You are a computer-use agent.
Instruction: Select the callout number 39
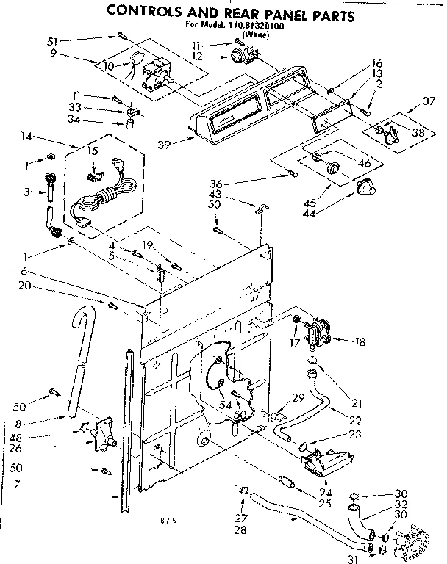click(x=165, y=144)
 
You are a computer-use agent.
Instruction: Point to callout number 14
click(x=28, y=136)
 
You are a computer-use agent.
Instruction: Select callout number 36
click(x=276, y=184)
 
